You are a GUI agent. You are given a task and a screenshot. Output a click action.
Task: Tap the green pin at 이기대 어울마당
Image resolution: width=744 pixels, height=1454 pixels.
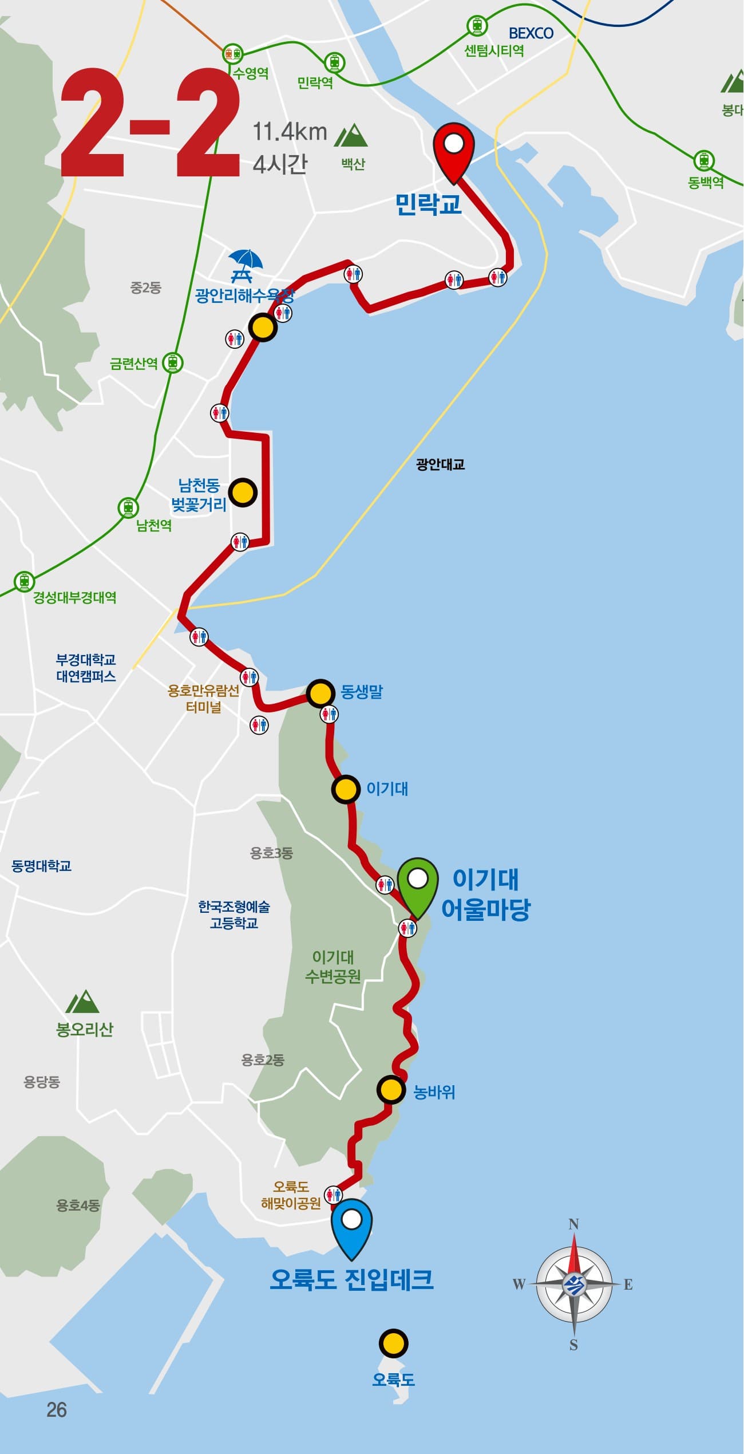coord(418,882)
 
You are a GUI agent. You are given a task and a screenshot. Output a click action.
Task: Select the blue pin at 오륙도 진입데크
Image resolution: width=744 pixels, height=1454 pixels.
coord(352,1221)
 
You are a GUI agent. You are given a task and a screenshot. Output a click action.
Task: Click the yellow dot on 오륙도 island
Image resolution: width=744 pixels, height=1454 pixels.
coord(393,1343)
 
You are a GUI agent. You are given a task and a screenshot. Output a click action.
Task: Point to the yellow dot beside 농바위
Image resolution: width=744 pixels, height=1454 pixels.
coord(391,1091)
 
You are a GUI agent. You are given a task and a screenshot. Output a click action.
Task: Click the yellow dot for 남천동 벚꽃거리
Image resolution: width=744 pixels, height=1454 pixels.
coord(243,492)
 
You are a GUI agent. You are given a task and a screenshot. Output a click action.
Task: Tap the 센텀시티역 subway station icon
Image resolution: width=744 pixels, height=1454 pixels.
coord(477,25)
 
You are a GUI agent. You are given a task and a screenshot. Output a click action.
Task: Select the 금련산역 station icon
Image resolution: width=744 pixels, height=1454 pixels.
coord(172,362)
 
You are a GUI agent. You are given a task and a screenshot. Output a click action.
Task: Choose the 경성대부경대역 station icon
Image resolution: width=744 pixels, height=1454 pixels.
coord(23,581)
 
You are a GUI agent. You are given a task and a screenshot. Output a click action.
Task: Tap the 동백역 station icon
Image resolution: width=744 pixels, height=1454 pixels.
coord(703,160)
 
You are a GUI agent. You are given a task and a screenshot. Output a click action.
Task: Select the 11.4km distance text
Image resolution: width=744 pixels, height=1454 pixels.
coord(290,132)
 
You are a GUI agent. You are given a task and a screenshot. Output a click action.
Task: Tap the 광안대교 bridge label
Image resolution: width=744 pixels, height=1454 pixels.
coord(440,464)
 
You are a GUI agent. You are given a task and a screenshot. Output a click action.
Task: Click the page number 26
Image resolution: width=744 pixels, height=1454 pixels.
coord(57,1409)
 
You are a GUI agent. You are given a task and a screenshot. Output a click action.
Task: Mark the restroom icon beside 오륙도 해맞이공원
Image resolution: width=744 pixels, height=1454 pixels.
coord(333,1195)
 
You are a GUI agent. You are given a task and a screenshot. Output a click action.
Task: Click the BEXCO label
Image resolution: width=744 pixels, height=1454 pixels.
coord(531,33)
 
